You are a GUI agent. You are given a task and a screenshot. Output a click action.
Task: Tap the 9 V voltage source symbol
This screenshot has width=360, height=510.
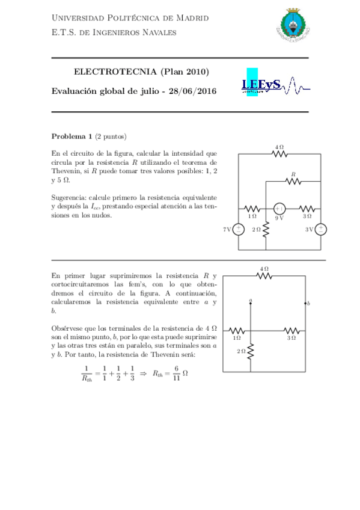(x=279, y=207)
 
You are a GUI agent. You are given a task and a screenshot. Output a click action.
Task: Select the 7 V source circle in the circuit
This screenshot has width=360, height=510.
(x=239, y=229)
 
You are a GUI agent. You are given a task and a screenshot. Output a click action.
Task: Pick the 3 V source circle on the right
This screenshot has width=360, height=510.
(x=321, y=229)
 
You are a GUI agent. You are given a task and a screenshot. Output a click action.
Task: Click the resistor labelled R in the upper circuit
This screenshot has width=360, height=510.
(x=293, y=181)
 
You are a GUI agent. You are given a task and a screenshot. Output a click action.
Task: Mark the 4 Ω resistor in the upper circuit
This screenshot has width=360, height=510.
(x=279, y=153)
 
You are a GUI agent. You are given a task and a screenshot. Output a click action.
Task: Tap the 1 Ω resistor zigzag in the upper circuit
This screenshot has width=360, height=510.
(x=252, y=207)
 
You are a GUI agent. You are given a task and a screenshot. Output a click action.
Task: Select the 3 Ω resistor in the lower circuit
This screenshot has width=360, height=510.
(x=291, y=330)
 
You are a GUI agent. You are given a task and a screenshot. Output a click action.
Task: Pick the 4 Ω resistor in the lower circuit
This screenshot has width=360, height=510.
(x=264, y=276)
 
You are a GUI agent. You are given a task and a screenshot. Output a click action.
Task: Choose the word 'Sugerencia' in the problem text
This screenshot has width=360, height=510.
(x=69, y=197)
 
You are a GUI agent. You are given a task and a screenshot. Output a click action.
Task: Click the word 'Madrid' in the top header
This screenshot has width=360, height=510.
(x=194, y=18)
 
